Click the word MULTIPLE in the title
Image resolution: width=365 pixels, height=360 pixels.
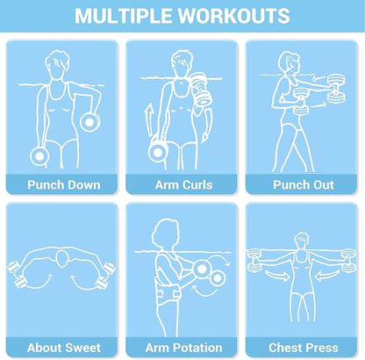coord(123,16)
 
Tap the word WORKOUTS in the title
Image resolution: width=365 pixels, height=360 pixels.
coord(234,16)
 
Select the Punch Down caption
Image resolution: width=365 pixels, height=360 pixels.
coord(64,185)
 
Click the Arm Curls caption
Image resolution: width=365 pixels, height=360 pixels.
coord(183,185)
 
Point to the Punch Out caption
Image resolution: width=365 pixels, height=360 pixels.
coord(304,185)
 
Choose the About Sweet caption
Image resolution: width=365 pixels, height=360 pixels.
coord(64,348)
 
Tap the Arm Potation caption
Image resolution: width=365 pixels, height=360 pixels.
coord(183,348)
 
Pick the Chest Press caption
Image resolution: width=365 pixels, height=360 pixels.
coord(304,348)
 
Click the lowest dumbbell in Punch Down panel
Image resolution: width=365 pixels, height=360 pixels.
coord(39,156)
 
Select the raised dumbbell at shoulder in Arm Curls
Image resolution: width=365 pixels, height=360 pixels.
coord(200,89)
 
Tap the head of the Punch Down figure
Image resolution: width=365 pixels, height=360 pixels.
coord(57,65)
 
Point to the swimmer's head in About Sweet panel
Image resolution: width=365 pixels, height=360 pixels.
coord(62,259)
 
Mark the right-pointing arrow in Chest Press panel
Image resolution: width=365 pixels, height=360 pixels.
coord(277,276)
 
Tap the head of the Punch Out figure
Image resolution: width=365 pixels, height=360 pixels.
coord(290,63)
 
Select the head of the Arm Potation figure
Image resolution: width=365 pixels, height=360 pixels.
coord(165,234)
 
